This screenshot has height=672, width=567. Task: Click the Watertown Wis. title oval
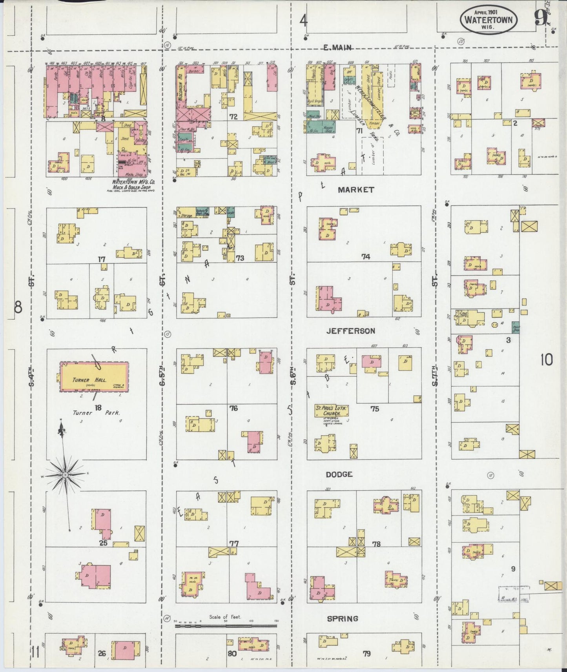coord(489,19)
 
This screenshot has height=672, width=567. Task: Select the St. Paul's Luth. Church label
coord(332,410)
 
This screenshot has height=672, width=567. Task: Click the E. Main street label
coord(337,47)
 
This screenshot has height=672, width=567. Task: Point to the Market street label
coord(356,190)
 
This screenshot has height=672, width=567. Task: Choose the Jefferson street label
coord(351,331)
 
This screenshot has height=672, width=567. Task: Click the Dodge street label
coord(339,474)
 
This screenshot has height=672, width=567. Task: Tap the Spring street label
coord(343,619)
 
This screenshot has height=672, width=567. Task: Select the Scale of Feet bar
coord(226,626)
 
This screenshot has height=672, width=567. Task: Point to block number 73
coord(240,258)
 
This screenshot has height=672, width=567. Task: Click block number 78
coord(376,544)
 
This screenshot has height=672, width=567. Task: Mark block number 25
coord(103,543)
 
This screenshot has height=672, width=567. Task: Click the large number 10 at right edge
coord(546,359)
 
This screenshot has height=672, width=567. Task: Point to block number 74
coord(366,257)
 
